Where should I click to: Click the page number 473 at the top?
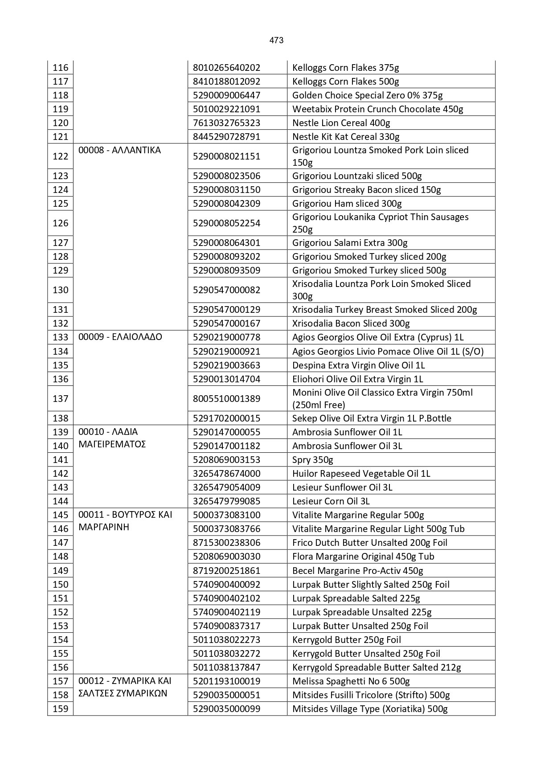point(276,41)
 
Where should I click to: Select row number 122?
point(61,156)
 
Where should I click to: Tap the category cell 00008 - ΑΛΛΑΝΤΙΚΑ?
point(119,150)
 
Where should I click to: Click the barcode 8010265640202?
point(226,68)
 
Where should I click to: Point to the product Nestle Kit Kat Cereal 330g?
point(346,137)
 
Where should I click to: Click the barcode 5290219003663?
point(226,365)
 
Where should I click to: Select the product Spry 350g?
point(312,460)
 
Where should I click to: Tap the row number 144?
point(61,501)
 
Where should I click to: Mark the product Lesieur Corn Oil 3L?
point(331,501)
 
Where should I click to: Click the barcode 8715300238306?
point(226,543)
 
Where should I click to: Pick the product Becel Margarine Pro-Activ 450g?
point(357,571)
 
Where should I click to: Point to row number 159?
point(61,709)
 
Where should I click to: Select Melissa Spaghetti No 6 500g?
point(351,681)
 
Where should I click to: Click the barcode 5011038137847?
point(226,667)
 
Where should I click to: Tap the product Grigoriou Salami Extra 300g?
point(350,243)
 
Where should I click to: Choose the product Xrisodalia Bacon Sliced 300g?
point(351,323)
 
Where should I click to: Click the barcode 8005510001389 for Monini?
point(226,399)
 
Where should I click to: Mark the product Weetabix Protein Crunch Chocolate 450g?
point(377,109)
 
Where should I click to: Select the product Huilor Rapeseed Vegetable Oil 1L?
point(361,474)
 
